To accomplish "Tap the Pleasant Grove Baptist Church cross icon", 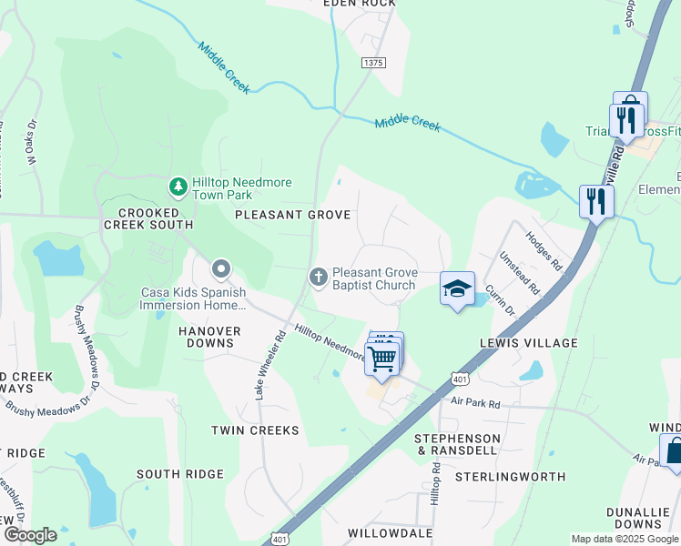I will (319, 275).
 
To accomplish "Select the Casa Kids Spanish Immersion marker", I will (220, 268).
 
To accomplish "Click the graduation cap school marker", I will (457, 289).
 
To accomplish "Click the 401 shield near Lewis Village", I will (458, 378).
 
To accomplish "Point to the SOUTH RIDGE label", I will (180, 474).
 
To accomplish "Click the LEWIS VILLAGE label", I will (529, 343).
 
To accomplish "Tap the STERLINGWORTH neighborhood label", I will (510, 476).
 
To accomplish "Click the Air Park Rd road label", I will (476, 401).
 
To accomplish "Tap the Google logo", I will (29, 535).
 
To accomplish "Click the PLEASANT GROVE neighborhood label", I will (292, 215).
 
